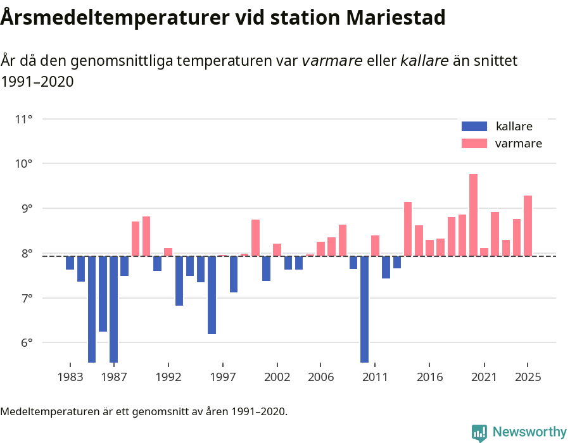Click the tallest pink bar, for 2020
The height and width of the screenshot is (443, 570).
[473, 215]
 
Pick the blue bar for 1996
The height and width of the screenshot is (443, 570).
[212, 295]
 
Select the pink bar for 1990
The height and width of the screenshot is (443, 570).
[146, 236]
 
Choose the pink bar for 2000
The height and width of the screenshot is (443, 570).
[255, 238]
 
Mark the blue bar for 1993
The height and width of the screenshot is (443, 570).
[179, 281]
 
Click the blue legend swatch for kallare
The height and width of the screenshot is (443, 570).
[474, 126]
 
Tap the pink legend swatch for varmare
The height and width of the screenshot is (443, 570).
[474, 143]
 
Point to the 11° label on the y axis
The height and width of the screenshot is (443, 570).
[23, 119]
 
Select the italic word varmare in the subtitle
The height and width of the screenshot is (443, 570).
[332, 61]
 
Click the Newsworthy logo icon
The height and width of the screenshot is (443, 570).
[479, 432]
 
